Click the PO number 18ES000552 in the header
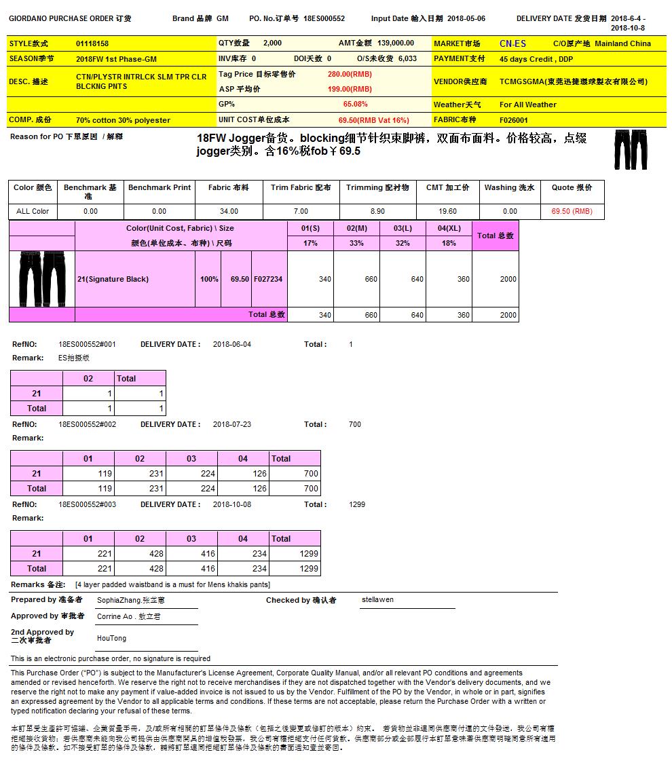tap(324, 19)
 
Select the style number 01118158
tap(92, 43)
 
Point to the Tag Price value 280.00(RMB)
tap(350, 74)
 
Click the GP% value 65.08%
tap(355, 104)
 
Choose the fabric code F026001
tap(514, 120)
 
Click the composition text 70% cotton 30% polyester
tap(123, 120)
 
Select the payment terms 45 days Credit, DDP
tap(536, 59)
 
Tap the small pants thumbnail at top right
tap(631, 149)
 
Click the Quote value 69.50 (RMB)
tap(572, 211)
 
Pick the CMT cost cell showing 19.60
tap(447, 211)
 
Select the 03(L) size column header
tap(403, 228)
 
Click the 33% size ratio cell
tap(356, 243)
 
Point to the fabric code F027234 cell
tap(269, 279)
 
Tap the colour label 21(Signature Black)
tap(113, 279)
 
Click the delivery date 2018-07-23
tap(232, 424)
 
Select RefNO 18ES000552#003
tap(88, 504)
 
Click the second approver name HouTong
tap(111, 638)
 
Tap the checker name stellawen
tap(377, 599)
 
